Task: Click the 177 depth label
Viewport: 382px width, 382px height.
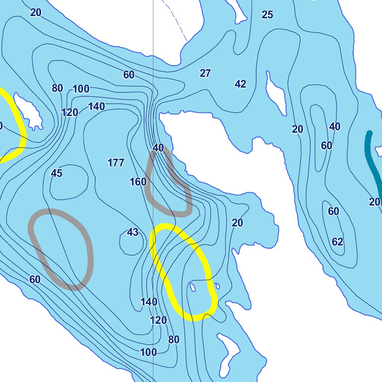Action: click(x=116, y=163)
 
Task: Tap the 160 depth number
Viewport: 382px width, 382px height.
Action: click(x=138, y=182)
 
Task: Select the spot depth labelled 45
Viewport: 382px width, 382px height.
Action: click(x=56, y=173)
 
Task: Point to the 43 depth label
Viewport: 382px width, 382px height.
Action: click(x=132, y=232)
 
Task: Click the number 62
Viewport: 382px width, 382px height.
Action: click(x=337, y=242)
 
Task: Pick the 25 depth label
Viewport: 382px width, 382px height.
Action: click(x=267, y=15)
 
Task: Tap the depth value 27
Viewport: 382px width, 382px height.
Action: click(x=205, y=73)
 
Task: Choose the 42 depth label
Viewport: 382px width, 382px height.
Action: click(x=240, y=84)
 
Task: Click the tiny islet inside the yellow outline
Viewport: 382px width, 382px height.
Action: click(x=193, y=287)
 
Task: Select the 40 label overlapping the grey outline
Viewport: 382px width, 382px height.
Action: click(x=158, y=148)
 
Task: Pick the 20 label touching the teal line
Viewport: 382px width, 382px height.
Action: click(x=374, y=202)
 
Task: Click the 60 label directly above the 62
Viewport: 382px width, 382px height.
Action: click(x=333, y=212)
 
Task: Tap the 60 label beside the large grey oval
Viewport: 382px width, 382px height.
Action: click(x=35, y=279)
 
